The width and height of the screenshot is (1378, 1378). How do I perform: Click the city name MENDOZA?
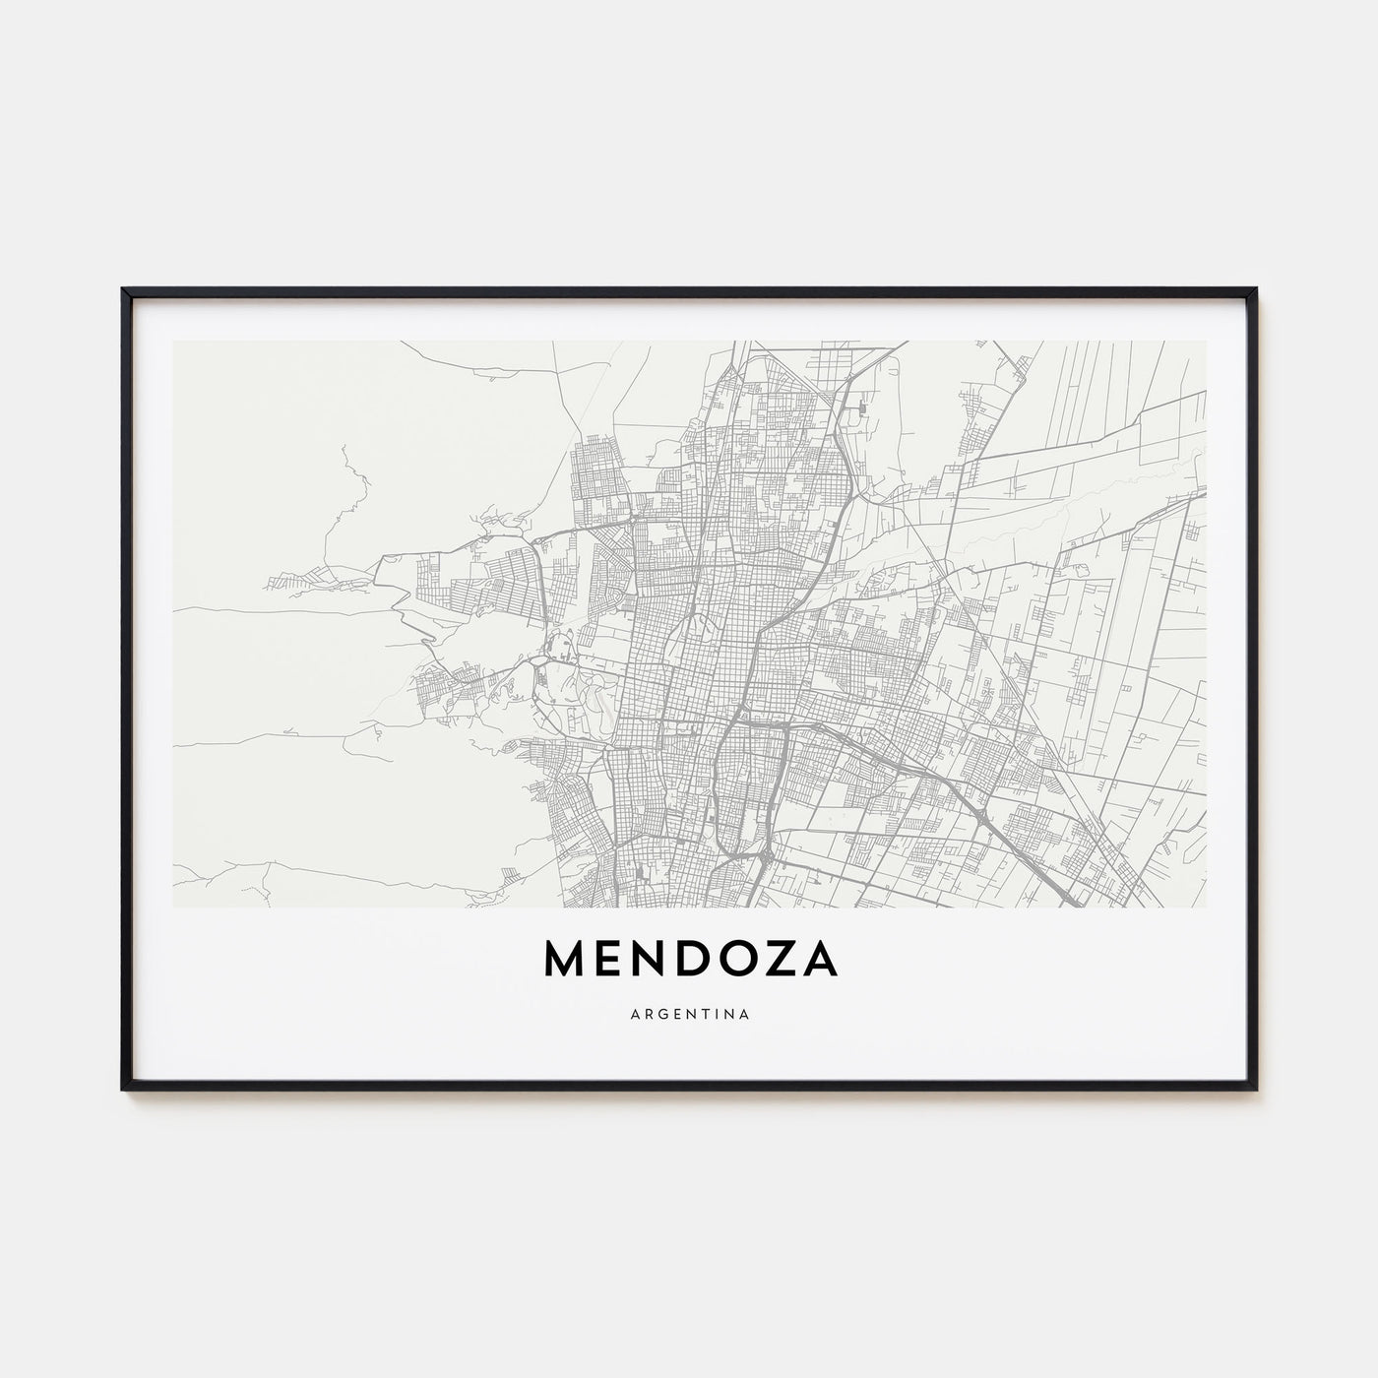pos(689,963)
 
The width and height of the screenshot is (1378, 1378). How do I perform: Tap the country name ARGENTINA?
pos(689,1013)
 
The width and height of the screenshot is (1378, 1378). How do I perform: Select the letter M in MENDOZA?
pos(562,963)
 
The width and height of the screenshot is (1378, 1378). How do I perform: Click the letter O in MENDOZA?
pos(733,963)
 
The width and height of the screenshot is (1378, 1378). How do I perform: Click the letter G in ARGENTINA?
pos(657,1013)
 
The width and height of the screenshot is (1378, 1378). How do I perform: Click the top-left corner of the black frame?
pos(123,289)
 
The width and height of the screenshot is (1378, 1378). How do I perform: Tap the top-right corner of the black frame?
pos(1256,289)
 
